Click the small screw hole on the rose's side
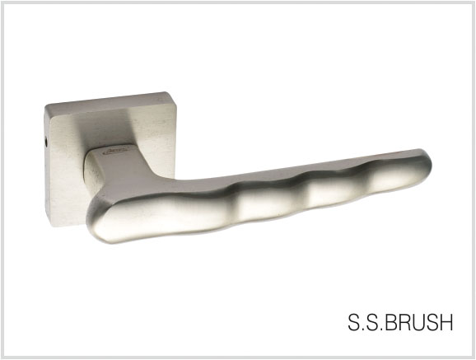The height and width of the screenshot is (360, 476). pos(46,142)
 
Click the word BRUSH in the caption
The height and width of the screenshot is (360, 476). pos(420,322)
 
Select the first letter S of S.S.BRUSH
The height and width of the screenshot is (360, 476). pos(354,322)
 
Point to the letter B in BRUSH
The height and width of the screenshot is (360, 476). pos(393,322)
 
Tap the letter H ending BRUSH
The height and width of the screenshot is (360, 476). pos(446,322)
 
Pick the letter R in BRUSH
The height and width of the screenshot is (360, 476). pos(407,322)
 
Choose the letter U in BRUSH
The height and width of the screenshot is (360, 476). pos(420,322)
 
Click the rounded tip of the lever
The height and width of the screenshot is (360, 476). pos(427,165)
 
